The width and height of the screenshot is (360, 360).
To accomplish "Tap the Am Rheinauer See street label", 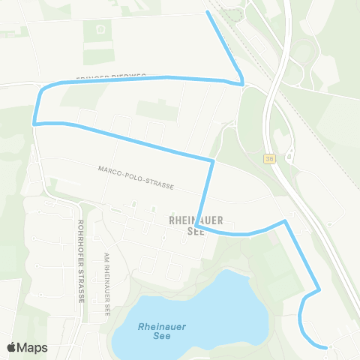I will [x=108, y=283].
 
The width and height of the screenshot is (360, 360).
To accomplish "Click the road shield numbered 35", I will [x=270, y=158].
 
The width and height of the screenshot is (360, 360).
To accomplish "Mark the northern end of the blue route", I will [x=208, y=13].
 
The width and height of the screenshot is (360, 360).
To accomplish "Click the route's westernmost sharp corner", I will [x=34, y=122].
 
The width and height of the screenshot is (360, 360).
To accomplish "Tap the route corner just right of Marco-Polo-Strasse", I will [x=213, y=160].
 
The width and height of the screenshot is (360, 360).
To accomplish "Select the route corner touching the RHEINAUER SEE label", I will [x=195, y=226].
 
